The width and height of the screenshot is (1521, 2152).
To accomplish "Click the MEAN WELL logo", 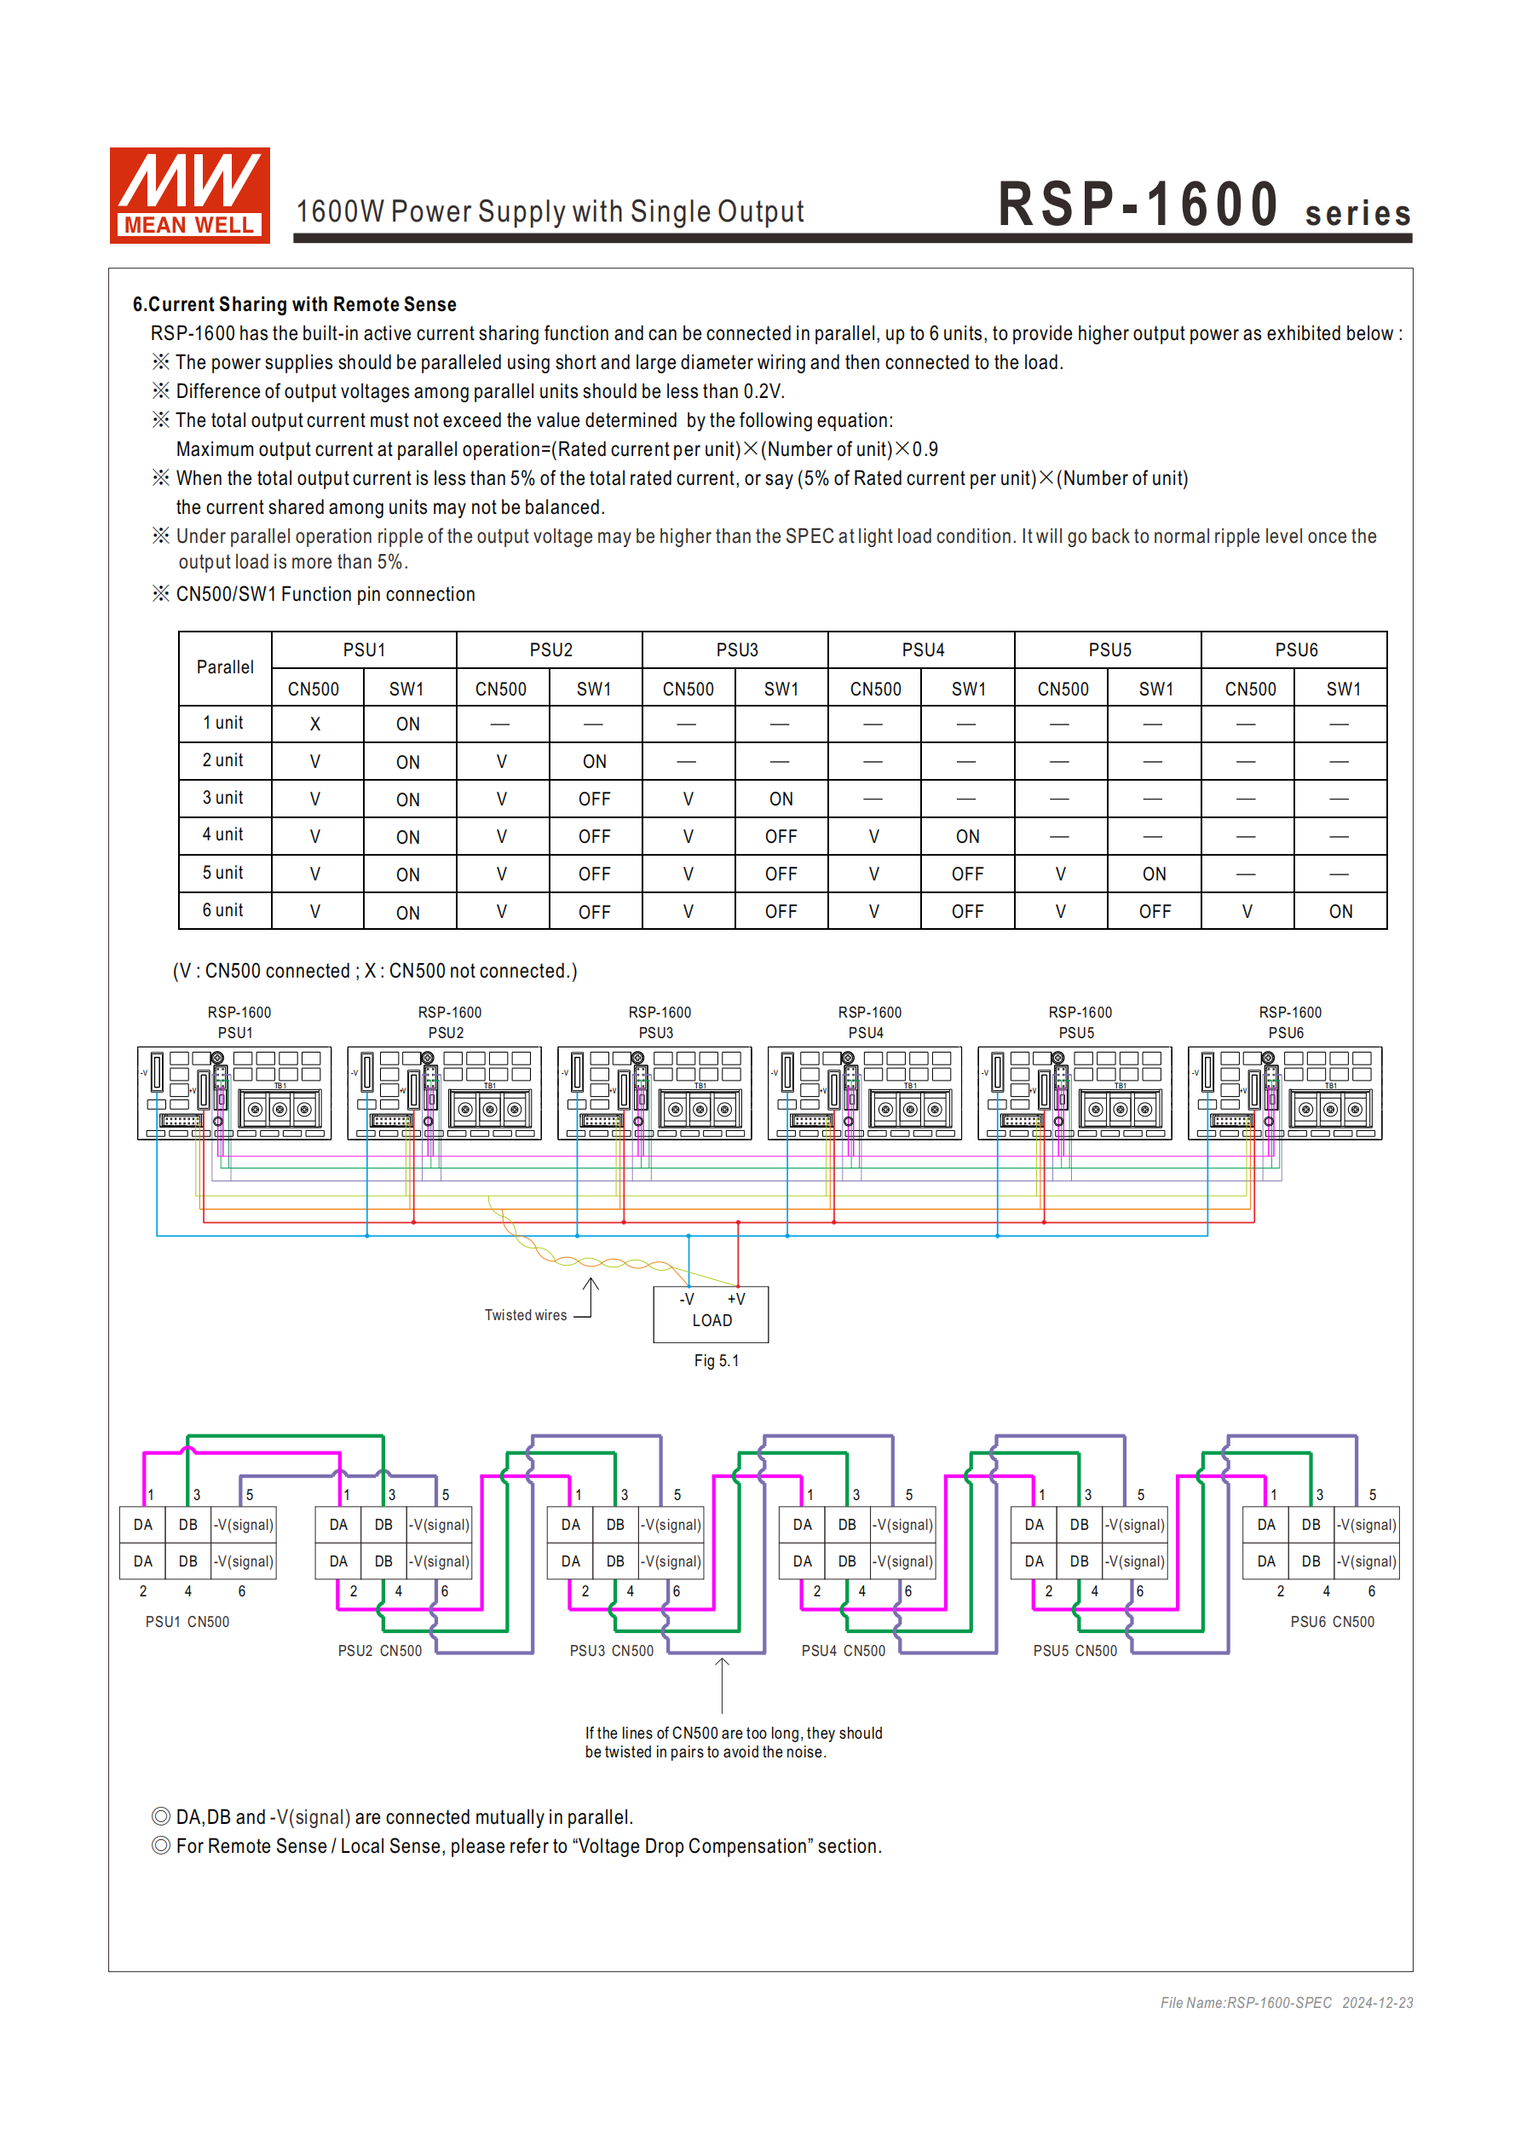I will tap(189, 195).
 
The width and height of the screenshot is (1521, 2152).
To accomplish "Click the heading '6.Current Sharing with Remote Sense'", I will tap(294, 304).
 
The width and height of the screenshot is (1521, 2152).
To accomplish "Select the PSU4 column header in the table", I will tap(922, 649).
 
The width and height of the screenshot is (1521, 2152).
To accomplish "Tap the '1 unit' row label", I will tap(223, 723).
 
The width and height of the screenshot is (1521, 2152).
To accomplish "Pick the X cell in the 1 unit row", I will tap(315, 724).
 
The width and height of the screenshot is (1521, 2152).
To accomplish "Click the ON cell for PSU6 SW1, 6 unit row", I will tap(1340, 911).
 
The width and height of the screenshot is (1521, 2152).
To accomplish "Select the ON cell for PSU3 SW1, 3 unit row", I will tap(781, 799).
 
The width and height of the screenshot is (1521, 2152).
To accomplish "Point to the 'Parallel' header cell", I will tap(225, 667).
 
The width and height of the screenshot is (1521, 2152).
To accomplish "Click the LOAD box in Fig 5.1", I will tap(712, 1313).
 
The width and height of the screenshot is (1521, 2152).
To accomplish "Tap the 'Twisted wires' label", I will tap(525, 1315).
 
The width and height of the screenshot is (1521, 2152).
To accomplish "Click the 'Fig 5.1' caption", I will tap(716, 1360).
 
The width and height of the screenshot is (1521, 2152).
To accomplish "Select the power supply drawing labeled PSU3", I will tap(654, 1093).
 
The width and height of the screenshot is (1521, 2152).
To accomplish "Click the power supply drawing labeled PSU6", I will tap(1284, 1093).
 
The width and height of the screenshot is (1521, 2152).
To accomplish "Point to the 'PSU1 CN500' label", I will tap(187, 1622).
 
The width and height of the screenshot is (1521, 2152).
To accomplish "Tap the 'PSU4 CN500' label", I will tap(843, 1651).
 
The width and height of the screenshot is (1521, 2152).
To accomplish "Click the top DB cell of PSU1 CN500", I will tap(188, 1525).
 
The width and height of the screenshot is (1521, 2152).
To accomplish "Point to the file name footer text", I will tap(1286, 2003).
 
